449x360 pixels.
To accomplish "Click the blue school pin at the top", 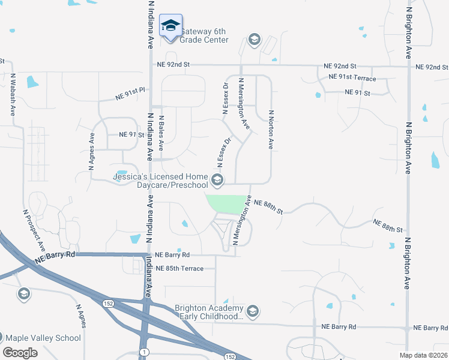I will coord(171,25).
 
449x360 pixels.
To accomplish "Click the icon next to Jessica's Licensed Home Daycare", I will coord(217,179).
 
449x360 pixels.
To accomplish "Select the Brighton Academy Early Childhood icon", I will coord(253,311).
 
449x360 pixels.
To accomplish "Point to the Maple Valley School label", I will coord(43,338).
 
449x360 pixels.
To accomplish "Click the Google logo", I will coord(20,353).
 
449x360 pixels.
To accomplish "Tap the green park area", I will coord(228,204).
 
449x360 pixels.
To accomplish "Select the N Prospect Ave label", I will coord(34,230).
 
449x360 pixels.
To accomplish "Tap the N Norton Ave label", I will coord(271,129).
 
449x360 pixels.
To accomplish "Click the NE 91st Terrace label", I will coord(352,79).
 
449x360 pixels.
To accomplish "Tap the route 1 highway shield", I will coord(143,350).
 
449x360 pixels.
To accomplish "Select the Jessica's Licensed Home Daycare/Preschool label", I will coord(159,181).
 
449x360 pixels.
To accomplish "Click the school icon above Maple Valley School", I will coord(24,293).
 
